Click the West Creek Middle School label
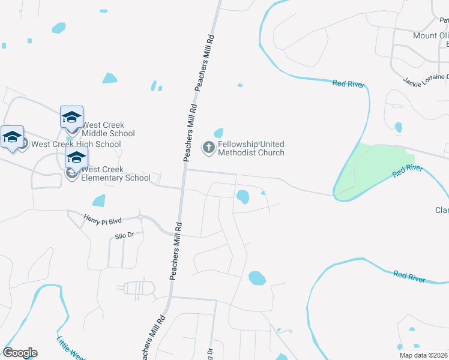tap(108, 129)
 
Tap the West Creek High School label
tap(76, 144)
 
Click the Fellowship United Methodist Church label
tap(251, 148)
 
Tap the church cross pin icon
tap(209, 148)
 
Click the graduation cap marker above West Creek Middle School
tap(71, 116)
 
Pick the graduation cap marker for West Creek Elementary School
tap(76, 157)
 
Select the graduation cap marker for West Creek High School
tap(12, 137)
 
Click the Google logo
tap(20, 353)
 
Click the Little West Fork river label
tap(70, 349)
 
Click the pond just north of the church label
tap(218, 133)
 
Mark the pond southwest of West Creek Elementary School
tap(98, 200)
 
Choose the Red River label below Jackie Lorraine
tap(349, 83)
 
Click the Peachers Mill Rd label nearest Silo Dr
tap(176, 251)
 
